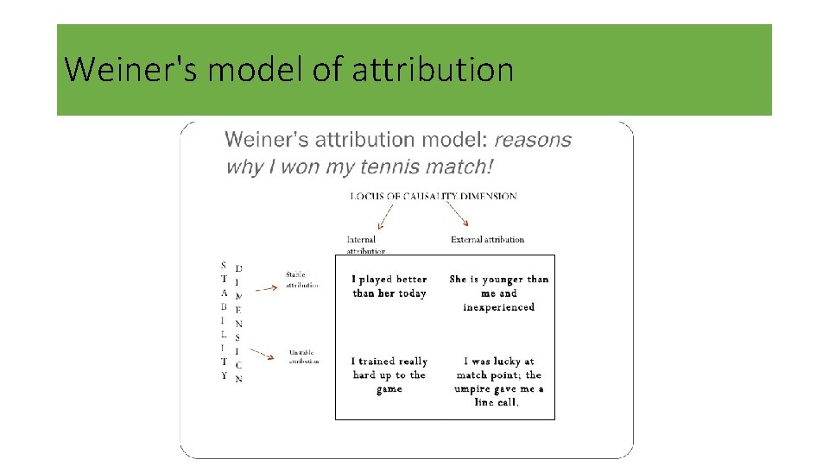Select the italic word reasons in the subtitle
(532, 140)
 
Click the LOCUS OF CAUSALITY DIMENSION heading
(433, 196)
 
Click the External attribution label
(487, 239)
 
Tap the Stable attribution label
(302, 280)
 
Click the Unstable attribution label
(303, 356)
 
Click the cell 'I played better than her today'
(389, 287)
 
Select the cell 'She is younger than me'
(499, 293)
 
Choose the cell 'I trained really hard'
(389, 375)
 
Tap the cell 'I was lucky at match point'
(499, 381)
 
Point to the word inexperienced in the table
(499, 307)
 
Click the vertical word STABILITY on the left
(224, 321)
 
